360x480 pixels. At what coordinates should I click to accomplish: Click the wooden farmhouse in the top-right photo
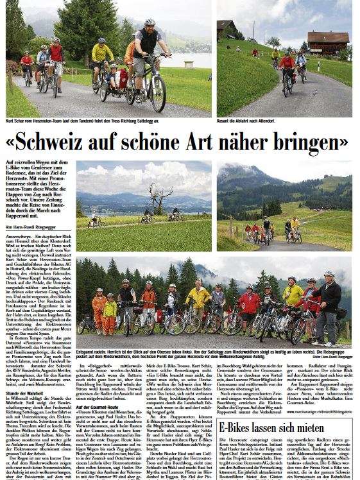[328, 42]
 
